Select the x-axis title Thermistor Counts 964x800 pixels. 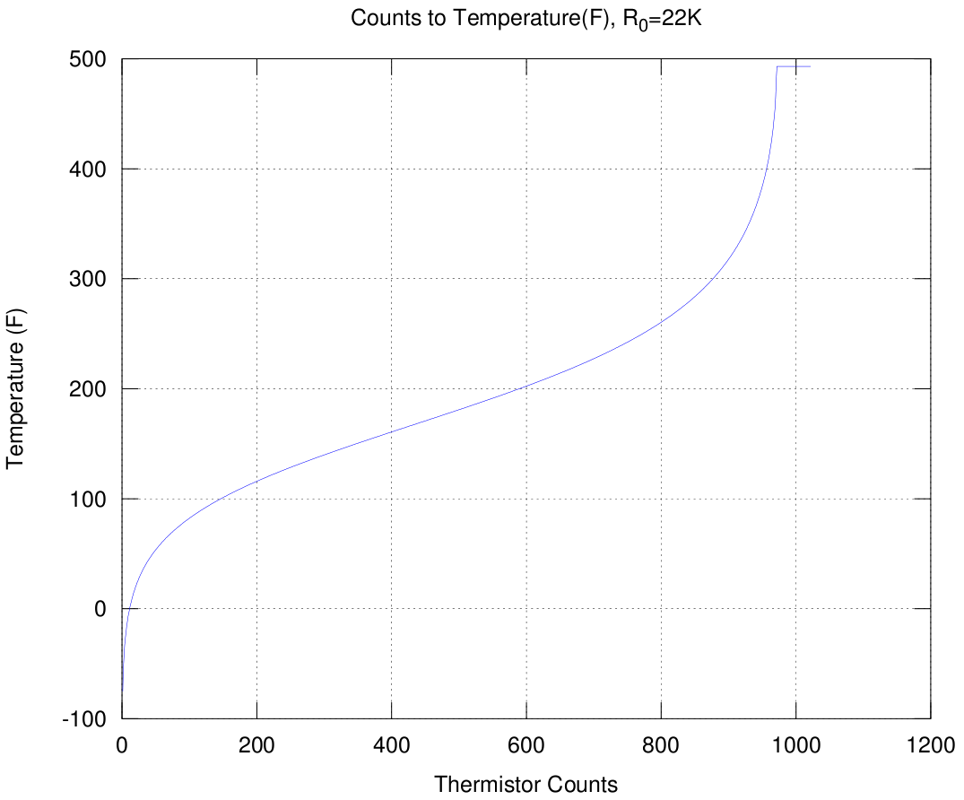(525, 784)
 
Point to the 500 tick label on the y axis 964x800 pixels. (89, 59)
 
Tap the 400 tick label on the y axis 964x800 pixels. (89, 170)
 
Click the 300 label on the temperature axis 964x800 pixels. (89, 279)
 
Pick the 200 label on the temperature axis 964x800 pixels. (89, 389)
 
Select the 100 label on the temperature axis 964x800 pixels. (89, 499)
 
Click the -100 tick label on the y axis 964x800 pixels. (84, 718)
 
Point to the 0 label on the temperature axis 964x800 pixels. (100, 609)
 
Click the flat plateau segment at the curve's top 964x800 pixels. (794, 65)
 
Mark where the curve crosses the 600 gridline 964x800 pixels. (526, 387)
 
